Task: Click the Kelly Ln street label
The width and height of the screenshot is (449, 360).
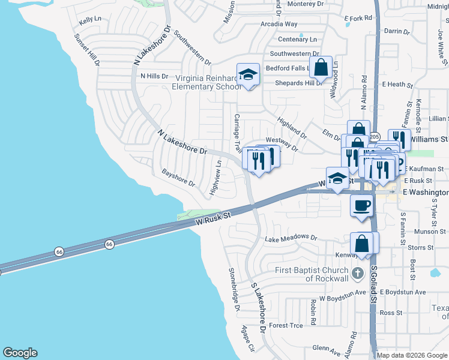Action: (x=89, y=20)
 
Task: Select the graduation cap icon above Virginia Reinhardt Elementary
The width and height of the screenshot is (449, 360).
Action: (x=248, y=75)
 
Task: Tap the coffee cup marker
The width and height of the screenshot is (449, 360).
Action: (x=361, y=206)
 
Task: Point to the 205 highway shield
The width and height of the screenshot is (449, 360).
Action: (x=375, y=136)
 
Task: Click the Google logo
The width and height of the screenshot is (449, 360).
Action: (x=20, y=353)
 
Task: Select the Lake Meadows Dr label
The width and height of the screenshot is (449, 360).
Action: (x=291, y=238)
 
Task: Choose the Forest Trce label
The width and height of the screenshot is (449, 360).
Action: (x=286, y=325)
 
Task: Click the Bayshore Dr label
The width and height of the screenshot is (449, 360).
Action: (x=178, y=177)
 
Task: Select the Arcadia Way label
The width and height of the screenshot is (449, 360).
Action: (x=279, y=24)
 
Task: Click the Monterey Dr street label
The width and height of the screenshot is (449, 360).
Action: (x=306, y=4)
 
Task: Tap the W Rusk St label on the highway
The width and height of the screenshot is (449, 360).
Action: (x=213, y=218)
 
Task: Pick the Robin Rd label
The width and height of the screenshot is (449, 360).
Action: (x=313, y=312)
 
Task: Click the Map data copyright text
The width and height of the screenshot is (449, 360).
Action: (x=412, y=355)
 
